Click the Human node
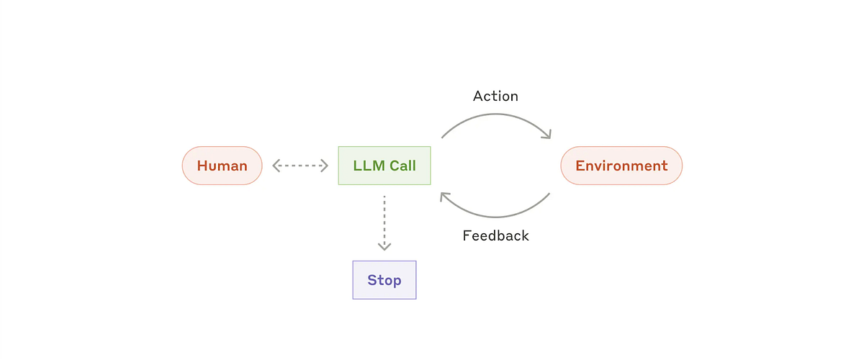pyautogui.click(x=222, y=166)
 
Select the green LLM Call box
pyautogui.click(x=384, y=166)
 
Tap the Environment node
pyautogui.click(x=621, y=166)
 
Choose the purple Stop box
pyautogui.click(x=384, y=280)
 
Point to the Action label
pyautogui.click(x=495, y=96)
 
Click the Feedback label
pyautogui.click(x=495, y=235)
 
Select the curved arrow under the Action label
pyautogui.click(x=495, y=116)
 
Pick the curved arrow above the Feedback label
pyautogui.click(x=495, y=215)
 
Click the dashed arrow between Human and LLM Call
pyautogui.click(x=300, y=166)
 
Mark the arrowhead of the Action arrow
pyautogui.click(x=546, y=134)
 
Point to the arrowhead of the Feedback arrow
pyautogui.click(x=445, y=197)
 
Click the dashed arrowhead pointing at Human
pyautogui.click(x=276, y=166)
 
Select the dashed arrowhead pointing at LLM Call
pyautogui.click(x=324, y=166)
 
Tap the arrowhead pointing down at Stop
pyautogui.click(x=384, y=246)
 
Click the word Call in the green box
pyautogui.click(x=402, y=166)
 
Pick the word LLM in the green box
pyautogui.click(x=369, y=166)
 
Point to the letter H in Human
pyautogui.click(x=202, y=166)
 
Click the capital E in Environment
pyautogui.click(x=580, y=166)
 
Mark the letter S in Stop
pyautogui.click(x=372, y=280)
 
